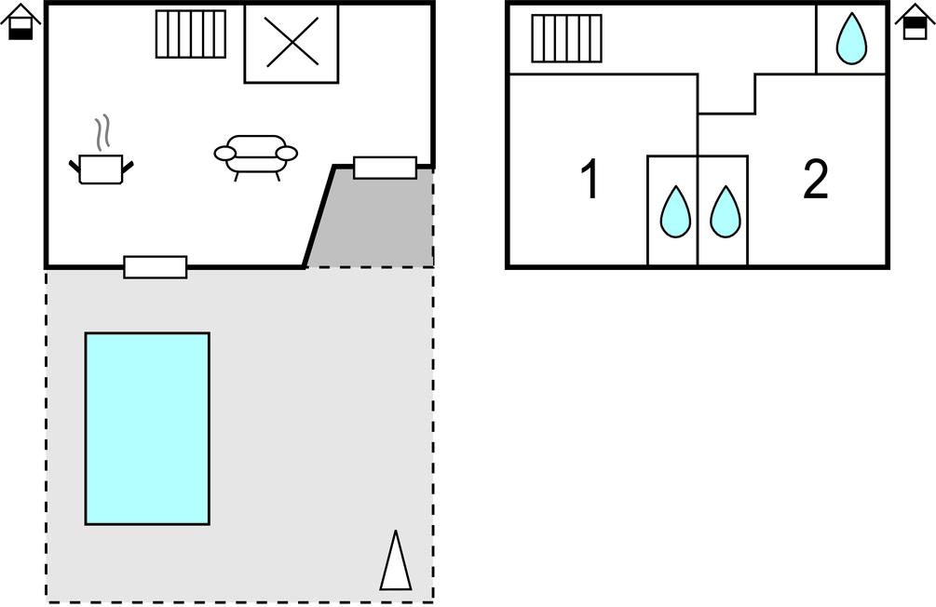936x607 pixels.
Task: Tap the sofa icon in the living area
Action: pyautogui.click(x=255, y=156)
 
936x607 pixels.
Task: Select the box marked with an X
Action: pyautogui.click(x=292, y=43)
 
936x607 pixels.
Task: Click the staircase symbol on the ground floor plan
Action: pyautogui.click(x=191, y=34)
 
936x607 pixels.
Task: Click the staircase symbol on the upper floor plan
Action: pyautogui.click(x=566, y=38)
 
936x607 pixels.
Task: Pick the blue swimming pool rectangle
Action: pyautogui.click(x=147, y=428)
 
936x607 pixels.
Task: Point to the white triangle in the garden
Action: pyautogui.click(x=396, y=560)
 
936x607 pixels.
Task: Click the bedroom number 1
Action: pyautogui.click(x=590, y=179)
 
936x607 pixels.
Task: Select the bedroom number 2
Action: pyautogui.click(x=816, y=179)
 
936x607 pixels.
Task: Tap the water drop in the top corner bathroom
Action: pyautogui.click(x=851, y=38)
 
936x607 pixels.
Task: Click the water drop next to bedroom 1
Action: pyautogui.click(x=675, y=212)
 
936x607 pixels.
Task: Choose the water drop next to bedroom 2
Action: pyautogui.click(x=726, y=212)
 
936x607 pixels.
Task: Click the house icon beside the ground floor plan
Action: pyautogui.click(x=20, y=22)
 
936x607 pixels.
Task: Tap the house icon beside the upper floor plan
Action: pyautogui.click(x=916, y=22)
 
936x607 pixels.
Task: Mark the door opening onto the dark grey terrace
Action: pyautogui.click(x=385, y=168)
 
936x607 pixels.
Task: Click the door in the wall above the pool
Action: pyautogui.click(x=156, y=267)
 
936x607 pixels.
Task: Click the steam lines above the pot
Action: pyautogui.click(x=103, y=131)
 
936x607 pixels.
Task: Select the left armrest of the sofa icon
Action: pyautogui.click(x=225, y=154)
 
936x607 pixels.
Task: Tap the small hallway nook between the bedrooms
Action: pyautogui.click(x=726, y=94)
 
